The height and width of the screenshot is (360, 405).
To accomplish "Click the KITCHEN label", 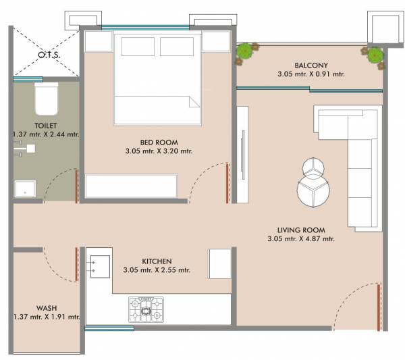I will click(157, 261).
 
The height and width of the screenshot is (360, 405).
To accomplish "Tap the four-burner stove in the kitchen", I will click(146, 309).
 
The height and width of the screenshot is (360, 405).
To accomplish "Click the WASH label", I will click(28, 307).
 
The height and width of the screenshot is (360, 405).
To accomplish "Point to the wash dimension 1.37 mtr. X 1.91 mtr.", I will click(46, 317).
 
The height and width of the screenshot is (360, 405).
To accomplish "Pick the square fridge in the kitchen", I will click(219, 262).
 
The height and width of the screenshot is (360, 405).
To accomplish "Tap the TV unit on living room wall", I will click(243, 155).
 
